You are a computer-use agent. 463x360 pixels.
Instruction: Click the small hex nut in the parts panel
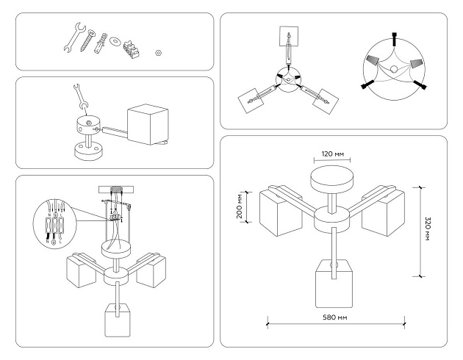tap(157, 53)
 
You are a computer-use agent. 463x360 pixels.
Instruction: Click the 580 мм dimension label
tap(334, 317)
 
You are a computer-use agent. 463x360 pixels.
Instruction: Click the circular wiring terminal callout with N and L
tap(54, 221)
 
